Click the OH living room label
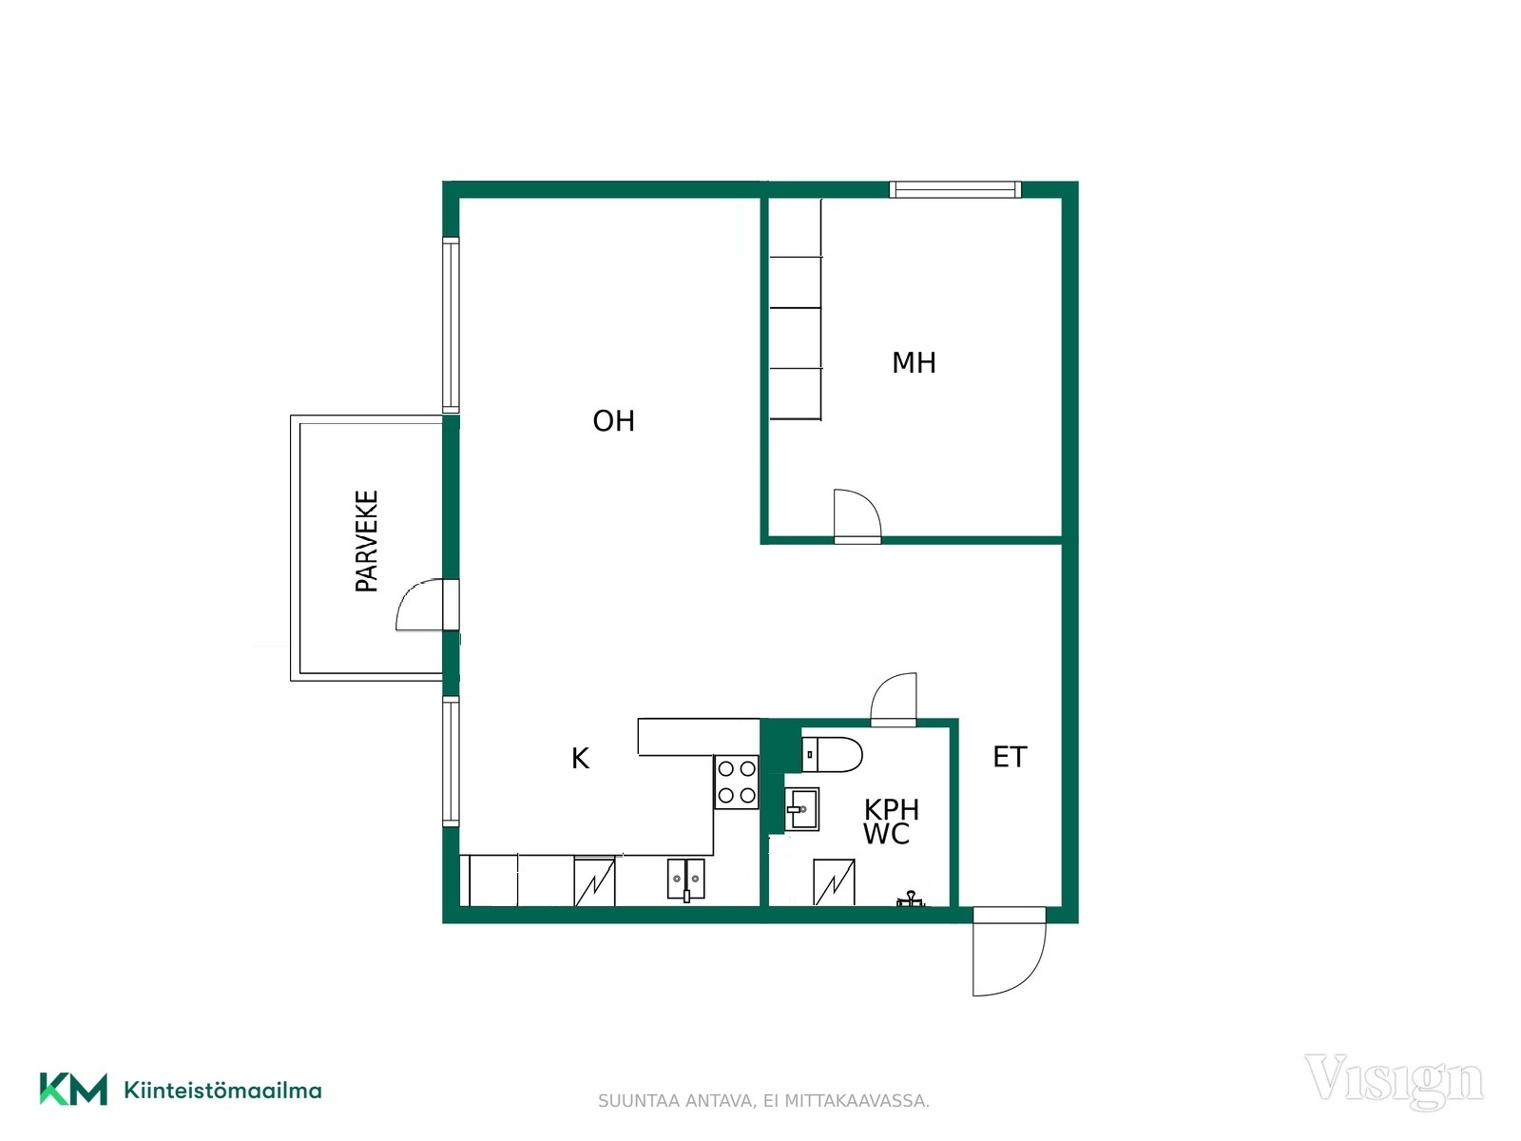coord(613,421)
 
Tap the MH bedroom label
coord(914,363)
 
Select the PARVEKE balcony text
coord(367,541)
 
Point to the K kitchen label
coord(580,759)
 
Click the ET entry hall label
coord(1010,757)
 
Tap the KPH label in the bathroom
coord(892,809)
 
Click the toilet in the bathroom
coord(832,754)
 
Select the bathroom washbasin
coord(802,808)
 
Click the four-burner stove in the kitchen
coord(736,783)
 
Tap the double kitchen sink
coord(686,880)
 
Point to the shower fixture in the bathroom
coord(910,899)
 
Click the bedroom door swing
coord(857,514)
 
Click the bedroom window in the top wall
coord(954,189)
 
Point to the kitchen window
coord(452,761)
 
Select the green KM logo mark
coord(73,1089)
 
